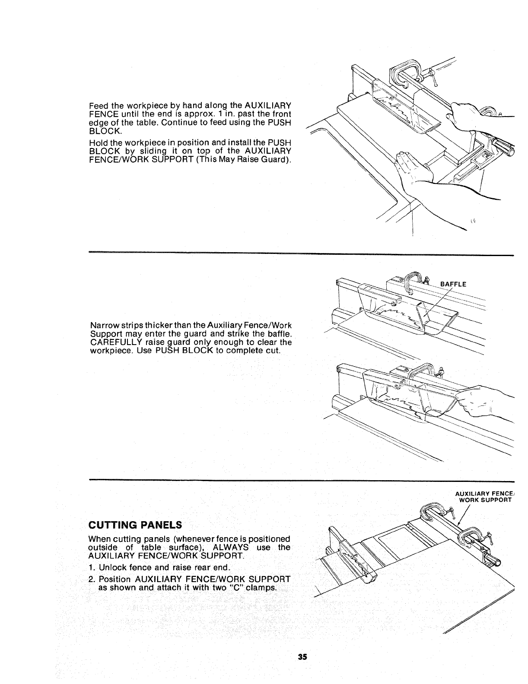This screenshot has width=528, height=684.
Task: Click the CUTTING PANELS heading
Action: [x=135, y=526]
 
